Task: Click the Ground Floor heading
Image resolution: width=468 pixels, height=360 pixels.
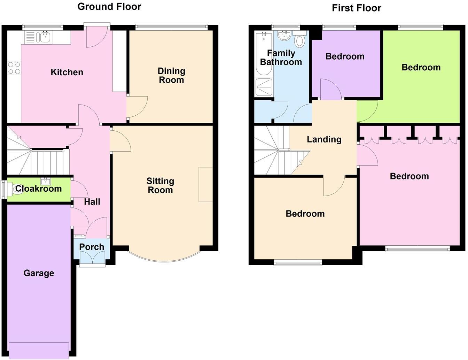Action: [109, 7]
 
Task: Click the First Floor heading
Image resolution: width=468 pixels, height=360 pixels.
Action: [356, 8]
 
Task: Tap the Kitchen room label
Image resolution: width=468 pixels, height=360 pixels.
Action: [67, 72]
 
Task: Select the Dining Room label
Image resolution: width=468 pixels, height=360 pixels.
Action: [171, 75]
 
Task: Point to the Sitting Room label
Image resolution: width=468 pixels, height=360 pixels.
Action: [160, 185]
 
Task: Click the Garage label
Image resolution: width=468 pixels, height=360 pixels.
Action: [39, 273]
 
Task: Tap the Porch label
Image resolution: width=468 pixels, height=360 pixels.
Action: [92, 247]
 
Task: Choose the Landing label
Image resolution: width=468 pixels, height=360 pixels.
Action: [324, 139]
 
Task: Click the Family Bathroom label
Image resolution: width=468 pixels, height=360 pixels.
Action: [281, 58]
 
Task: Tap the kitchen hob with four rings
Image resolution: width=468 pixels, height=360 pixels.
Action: [14, 68]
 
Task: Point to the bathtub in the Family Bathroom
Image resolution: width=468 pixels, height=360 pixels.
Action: [264, 54]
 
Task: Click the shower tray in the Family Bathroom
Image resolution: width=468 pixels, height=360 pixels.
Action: [264, 87]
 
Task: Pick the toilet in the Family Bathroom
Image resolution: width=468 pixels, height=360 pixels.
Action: [299, 40]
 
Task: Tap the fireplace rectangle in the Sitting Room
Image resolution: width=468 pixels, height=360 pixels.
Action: [205, 184]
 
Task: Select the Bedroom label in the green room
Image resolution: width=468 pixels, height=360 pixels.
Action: [421, 67]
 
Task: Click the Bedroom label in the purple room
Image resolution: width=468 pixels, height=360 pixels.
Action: [345, 56]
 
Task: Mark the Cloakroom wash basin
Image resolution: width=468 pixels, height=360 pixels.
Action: [45, 181]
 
